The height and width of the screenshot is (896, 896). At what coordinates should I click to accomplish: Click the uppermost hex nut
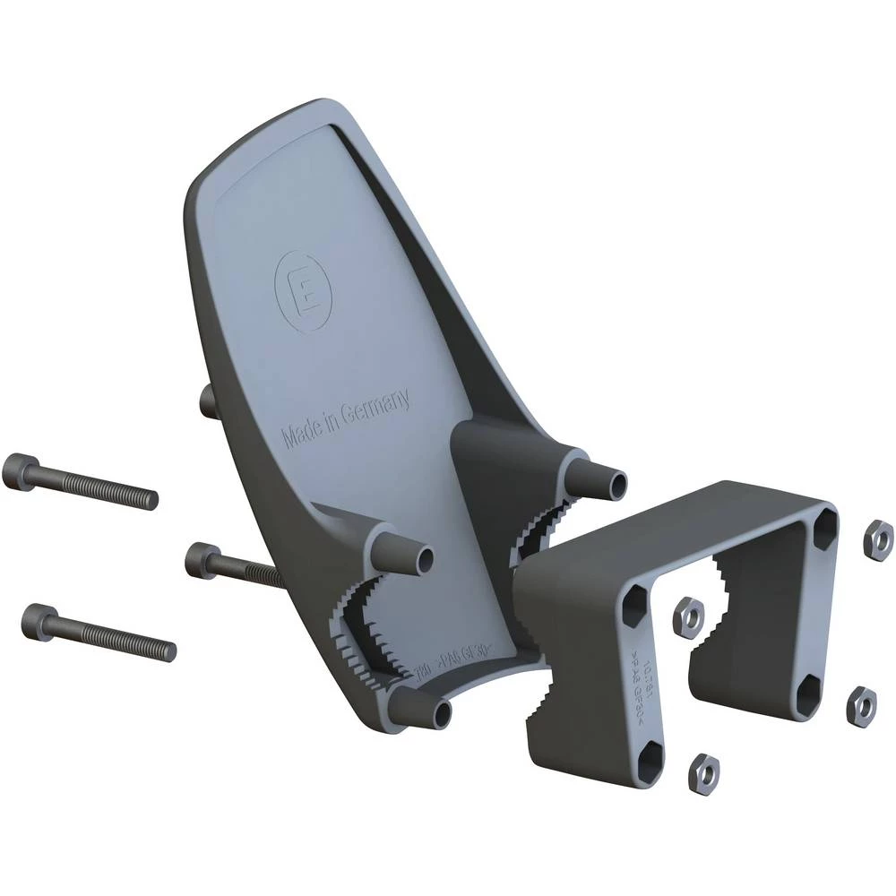tap(877, 537)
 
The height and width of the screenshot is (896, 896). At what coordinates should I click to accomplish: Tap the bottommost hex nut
tap(704, 773)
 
